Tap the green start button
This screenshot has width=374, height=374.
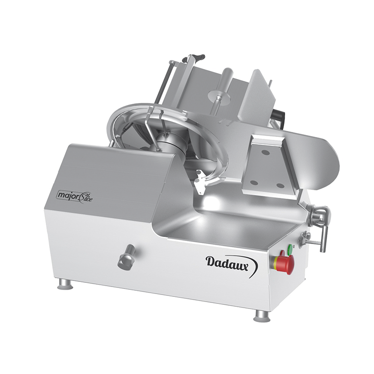pyautogui.click(x=290, y=249)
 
